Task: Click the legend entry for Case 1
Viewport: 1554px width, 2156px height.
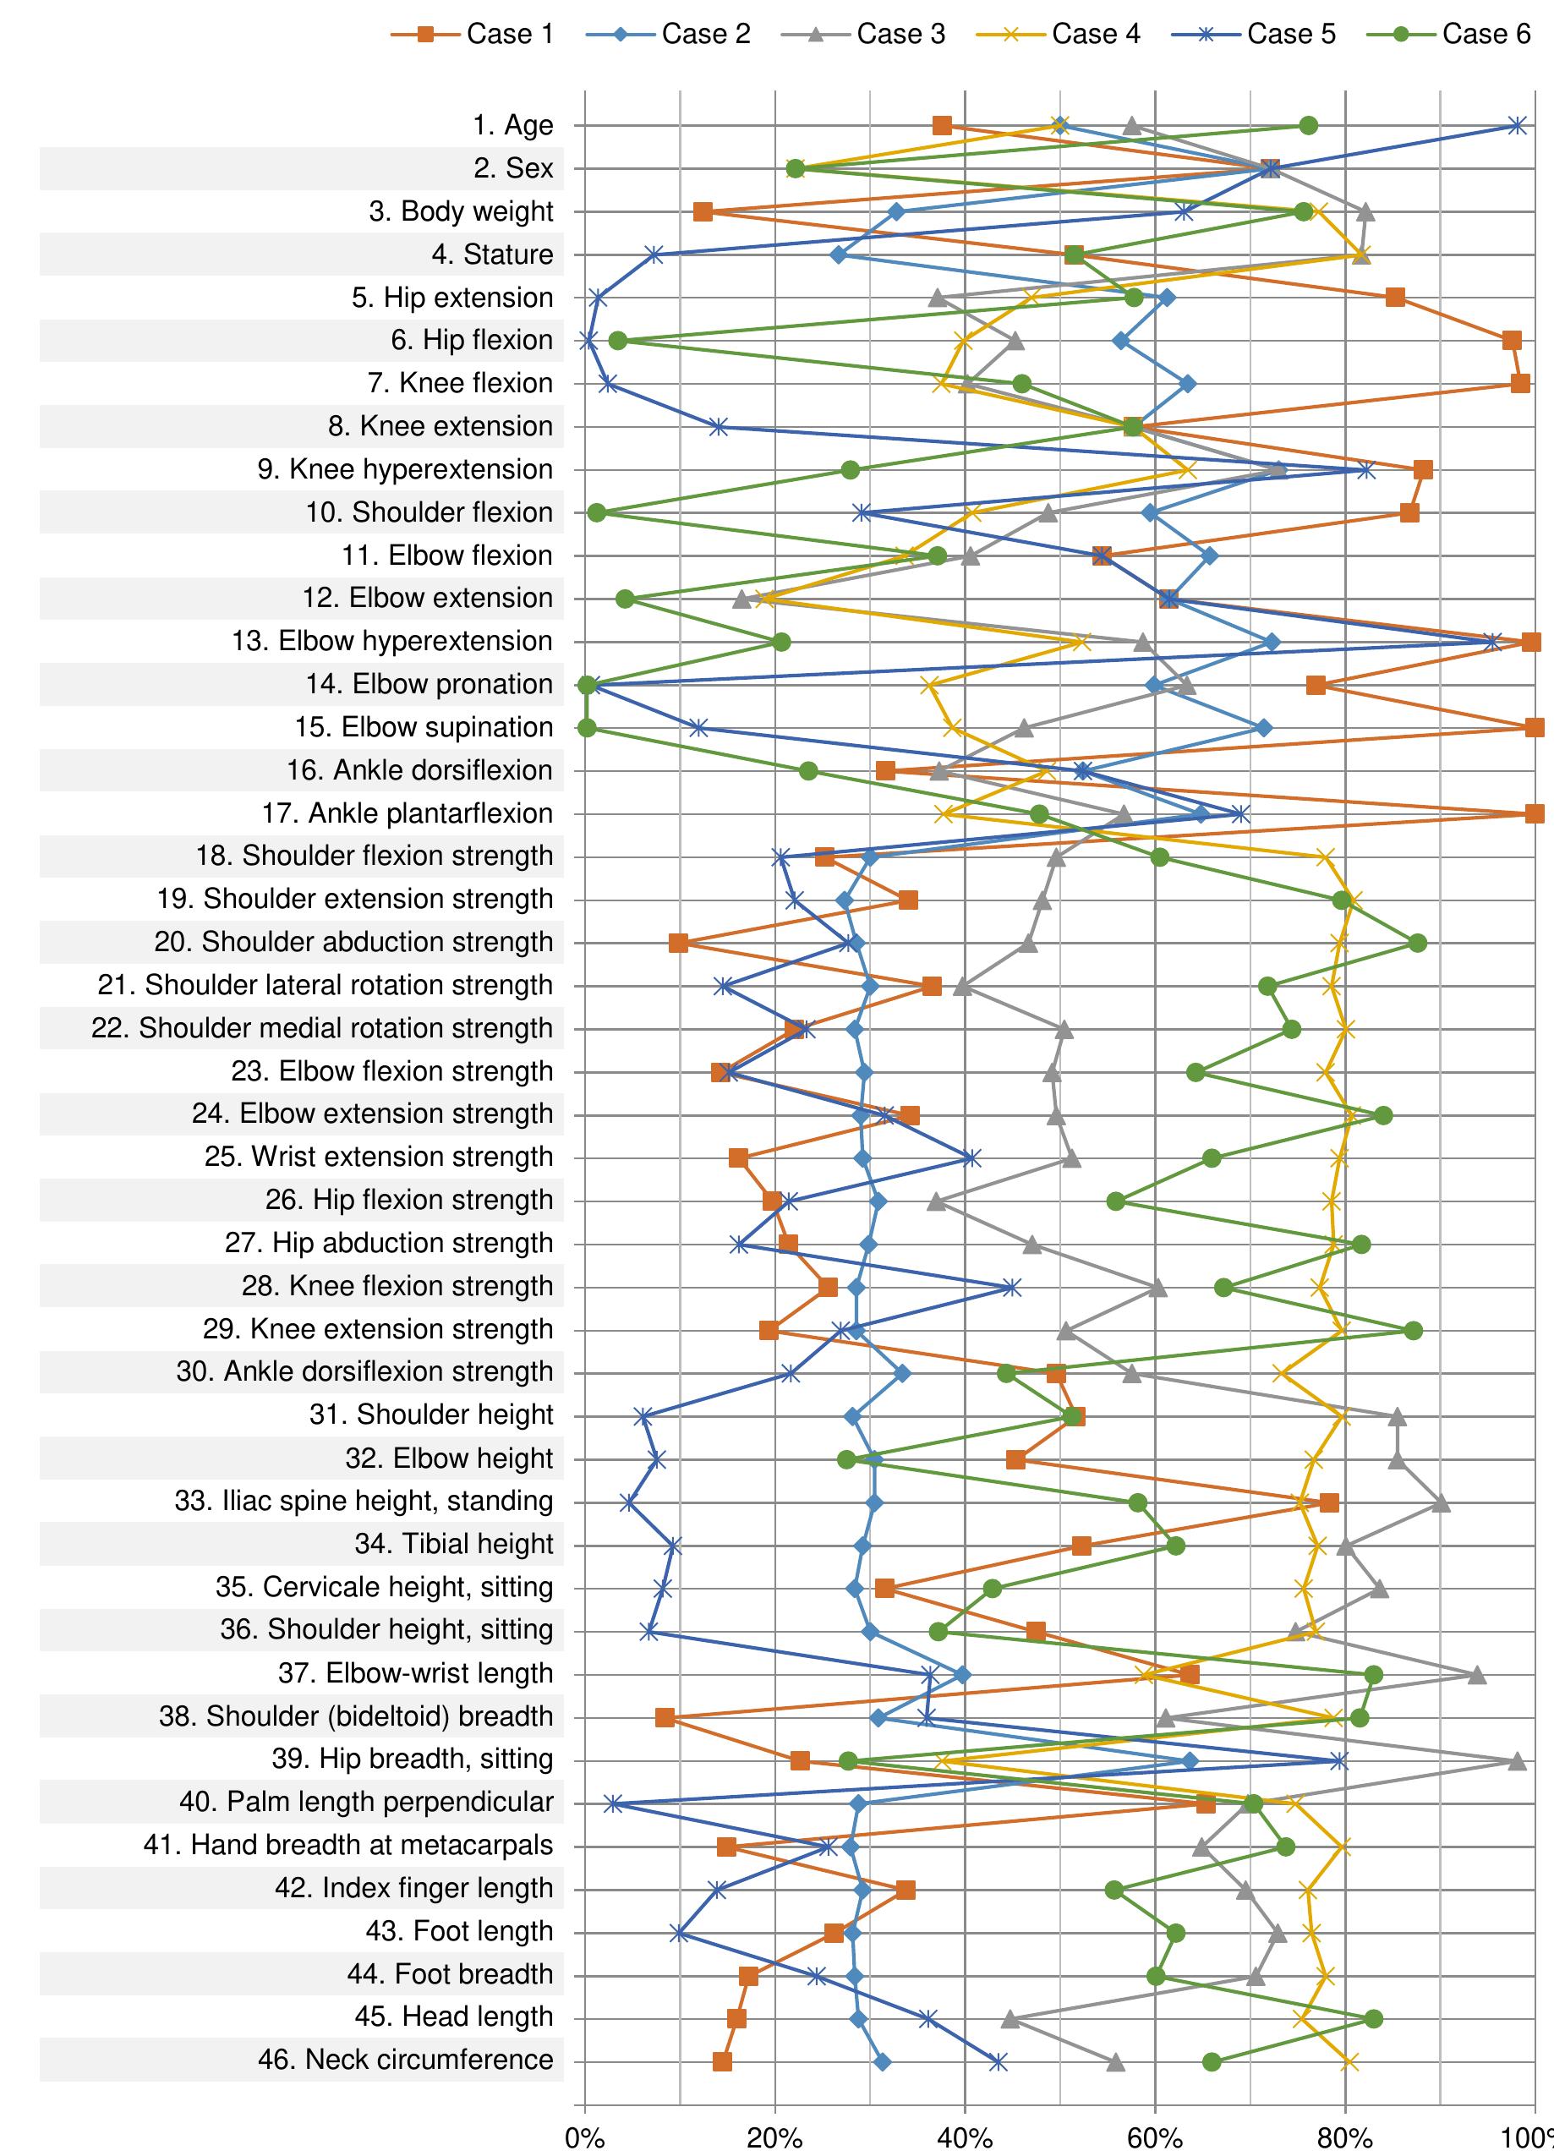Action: click(473, 34)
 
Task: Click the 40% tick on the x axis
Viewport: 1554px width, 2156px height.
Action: click(965, 2139)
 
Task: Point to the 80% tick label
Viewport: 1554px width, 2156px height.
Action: click(1345, 2139)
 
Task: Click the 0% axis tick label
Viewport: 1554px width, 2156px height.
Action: click(584, 2139)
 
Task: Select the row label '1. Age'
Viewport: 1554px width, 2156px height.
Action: click(512, 125)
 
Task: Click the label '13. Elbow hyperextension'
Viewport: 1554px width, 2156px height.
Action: click(391, 642)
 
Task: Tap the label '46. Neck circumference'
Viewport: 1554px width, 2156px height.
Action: click(405, 2060)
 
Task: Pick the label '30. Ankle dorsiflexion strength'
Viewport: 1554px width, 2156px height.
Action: click(364, 1371)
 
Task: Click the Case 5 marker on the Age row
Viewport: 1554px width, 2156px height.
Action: click(1518, 125)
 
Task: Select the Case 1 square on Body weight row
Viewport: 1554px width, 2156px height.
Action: click(703, 212)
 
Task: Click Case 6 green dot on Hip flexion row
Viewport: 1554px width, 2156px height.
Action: click(618, 341)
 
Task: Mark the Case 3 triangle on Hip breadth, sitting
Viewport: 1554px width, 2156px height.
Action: click(1517, 1761)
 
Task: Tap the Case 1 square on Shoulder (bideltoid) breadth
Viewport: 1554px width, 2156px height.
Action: click(665, 1718)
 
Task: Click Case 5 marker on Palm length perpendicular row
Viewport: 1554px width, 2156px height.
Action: click(613, 1803)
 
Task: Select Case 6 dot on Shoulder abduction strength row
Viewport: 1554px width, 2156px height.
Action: click(1417, 943)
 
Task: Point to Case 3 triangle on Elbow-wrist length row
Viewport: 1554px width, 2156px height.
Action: click(1476, 1675)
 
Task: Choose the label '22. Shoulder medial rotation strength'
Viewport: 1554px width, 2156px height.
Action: click(321, 1029)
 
